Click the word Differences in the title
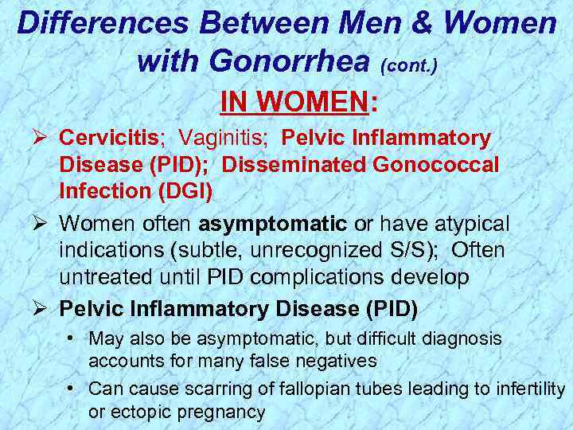click(x=103, y=23)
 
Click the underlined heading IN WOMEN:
click(x=298, y=102)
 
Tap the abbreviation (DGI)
click(x=186, y=191)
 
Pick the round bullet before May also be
click(x=72, y=339)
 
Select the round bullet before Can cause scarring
click(x=72, y=389)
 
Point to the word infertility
click(x=526, y=389)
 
